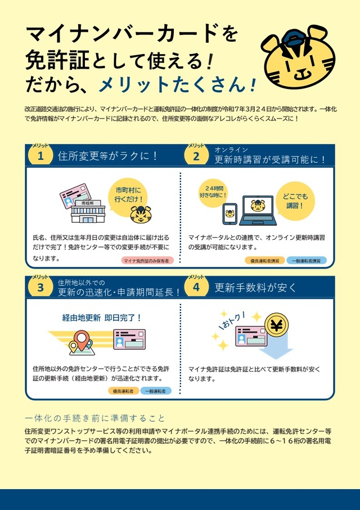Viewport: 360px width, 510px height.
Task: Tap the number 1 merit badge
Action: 40,156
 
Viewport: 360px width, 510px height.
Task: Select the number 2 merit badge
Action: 196,156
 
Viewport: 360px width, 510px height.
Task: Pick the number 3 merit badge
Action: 40,288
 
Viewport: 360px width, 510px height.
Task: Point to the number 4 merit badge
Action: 196,288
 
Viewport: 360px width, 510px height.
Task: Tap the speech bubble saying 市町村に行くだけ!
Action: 129,194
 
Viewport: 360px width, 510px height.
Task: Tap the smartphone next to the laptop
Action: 229,214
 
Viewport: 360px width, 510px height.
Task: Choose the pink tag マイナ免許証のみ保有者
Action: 147,261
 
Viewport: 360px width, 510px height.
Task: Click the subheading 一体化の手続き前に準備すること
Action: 96,418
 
